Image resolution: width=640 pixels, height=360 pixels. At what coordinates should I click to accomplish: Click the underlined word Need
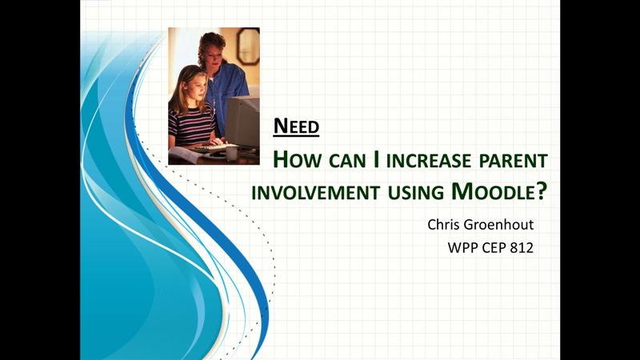pos(296,126)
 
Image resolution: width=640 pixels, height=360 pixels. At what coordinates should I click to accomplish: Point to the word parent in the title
pos(514,161)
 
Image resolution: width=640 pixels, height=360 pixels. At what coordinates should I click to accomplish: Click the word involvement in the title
pos(315,192)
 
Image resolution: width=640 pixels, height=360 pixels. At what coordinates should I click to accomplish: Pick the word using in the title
pos(415,193)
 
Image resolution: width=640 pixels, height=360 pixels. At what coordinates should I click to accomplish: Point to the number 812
pos(522,248)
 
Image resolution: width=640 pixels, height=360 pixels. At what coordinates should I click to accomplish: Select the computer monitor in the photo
pos(243,122)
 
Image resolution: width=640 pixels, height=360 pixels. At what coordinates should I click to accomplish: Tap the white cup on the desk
pos(231,153)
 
